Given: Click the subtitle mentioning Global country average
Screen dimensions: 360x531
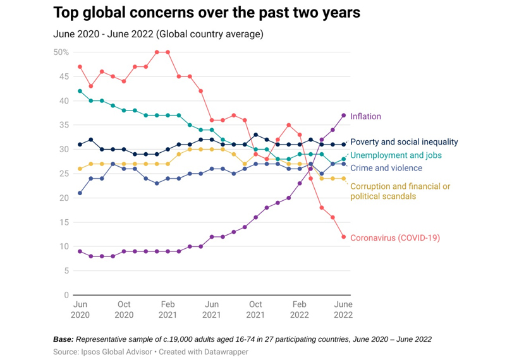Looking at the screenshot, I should pyautogui.click(x=158, y=34).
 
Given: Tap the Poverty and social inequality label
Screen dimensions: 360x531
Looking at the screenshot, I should pyautogui.click(x=404, y=142).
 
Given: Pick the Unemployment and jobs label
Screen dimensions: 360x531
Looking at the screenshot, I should pyautogui.click(x=396, y=155).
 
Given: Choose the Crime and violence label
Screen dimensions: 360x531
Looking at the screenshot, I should pyautogui.click(x=386, y=168).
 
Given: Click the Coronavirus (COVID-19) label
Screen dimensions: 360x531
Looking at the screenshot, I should pyautogui.click(x=394, y=238).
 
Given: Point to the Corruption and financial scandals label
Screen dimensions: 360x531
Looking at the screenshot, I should pyautogui.click(x=400, y=191).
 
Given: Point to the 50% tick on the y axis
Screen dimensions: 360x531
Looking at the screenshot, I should pyautogui.click(x=61, y=52).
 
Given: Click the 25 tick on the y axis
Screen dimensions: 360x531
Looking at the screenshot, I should pyautogui.click(x=63, y=174).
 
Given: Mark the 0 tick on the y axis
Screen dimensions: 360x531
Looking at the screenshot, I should pyautogui.click(x=66, y=295).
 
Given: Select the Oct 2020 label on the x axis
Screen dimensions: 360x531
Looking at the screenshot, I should pyautogui.click(x=124, y=309).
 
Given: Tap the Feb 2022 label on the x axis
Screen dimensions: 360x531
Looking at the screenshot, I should pyautogui.click(x=300, y=309).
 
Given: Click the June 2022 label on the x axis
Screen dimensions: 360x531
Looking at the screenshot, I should pyautogui.click(x=343, y=309).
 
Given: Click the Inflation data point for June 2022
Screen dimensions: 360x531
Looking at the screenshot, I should pyautogui.click(x=344, y=115).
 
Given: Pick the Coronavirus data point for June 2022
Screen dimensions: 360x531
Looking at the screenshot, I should pyautogui.click(x=344, y=237).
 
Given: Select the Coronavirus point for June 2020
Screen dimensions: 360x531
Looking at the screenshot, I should pyautogui.click(x=80, y=67).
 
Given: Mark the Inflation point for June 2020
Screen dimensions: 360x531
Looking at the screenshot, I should pyautogui.click(x=80, y=251).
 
